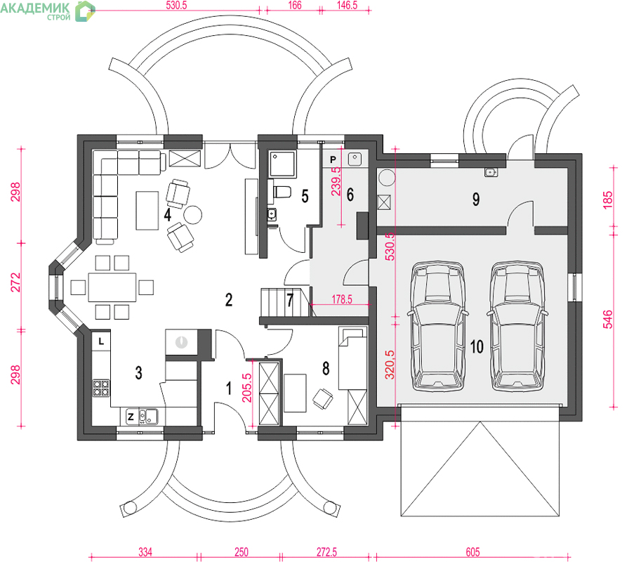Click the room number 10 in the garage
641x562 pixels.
(x=477, y=346)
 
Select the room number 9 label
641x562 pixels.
(x=476, y=200)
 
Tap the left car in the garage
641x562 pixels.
(x=437, y=326)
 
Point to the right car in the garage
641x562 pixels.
(x=517, y=326)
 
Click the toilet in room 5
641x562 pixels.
(x=282, y=192)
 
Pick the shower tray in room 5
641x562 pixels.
(x=282, y=164)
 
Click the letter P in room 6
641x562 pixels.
(x=333, y=159)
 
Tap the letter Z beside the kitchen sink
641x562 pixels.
(x=131, y=417)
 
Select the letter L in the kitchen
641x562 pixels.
(x=101, y=341)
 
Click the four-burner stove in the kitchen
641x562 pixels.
(x=101, y=388)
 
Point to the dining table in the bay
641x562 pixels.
(x=112, y=287)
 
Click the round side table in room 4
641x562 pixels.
(x=192, y=214)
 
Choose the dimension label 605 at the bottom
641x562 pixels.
(x=473, y=552)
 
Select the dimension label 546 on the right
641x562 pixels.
(x=608, y=319)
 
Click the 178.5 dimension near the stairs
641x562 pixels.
(x=342, y=299)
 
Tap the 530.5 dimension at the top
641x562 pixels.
(x=176, y=6)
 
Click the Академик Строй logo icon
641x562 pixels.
(x=85, y=11)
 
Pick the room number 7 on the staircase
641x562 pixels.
(x=290, y=300)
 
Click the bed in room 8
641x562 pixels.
(x=352, y=358)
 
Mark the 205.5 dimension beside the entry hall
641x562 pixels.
(x=247, y=387)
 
